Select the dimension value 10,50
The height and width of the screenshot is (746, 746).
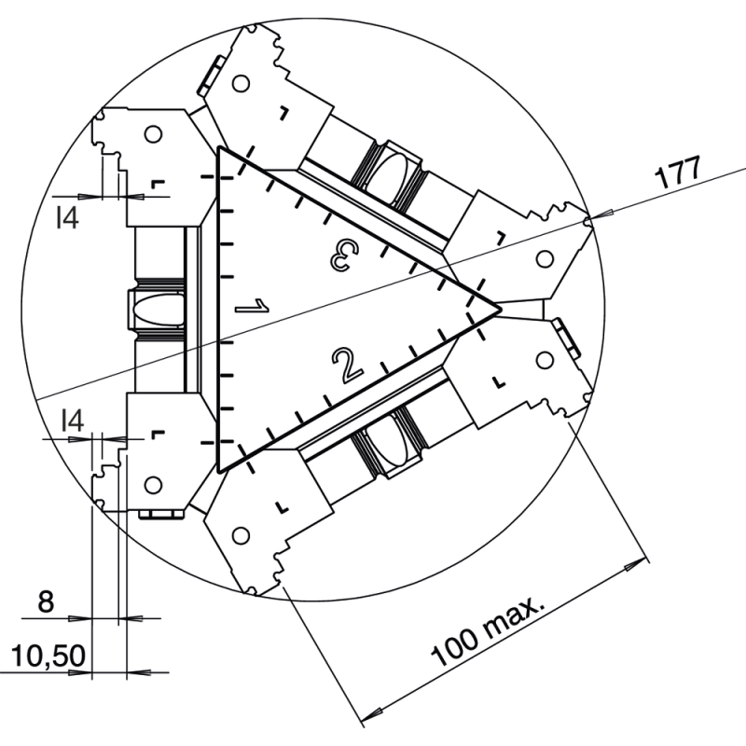[x=48, y=656]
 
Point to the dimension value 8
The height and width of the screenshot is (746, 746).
[x=46, y=601]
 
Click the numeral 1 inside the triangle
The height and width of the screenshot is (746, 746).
[x=252, y=306]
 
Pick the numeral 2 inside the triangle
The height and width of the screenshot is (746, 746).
[x=348, y=366]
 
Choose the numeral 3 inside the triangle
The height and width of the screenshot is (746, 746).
[x=344, y=256]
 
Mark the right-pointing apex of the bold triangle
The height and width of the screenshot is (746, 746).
[x=501, y=311]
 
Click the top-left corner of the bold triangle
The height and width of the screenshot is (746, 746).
[x=218, y=147]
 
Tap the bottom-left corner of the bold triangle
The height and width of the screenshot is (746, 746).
[x=218, y=473]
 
